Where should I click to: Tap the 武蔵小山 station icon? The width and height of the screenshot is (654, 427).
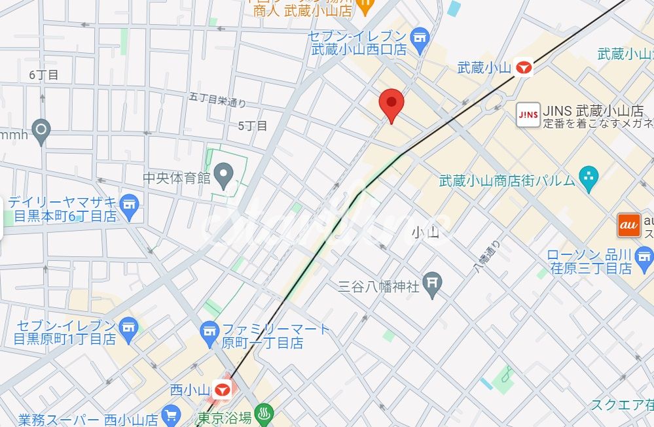pos(523,67)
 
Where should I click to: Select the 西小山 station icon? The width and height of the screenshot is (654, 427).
pos(223,390)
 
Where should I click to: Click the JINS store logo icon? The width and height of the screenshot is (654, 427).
pos(528,114)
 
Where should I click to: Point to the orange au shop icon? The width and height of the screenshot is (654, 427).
pos(628,225)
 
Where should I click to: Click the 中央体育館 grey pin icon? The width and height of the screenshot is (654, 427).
pos(225,175)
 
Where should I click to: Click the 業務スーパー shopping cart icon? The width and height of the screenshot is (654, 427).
pos(172,415)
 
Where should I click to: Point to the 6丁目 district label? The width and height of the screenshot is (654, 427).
pos(44,75)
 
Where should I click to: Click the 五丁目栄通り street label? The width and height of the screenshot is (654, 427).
pos(217,101)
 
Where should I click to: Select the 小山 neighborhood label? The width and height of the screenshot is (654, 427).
pos(424,232)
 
